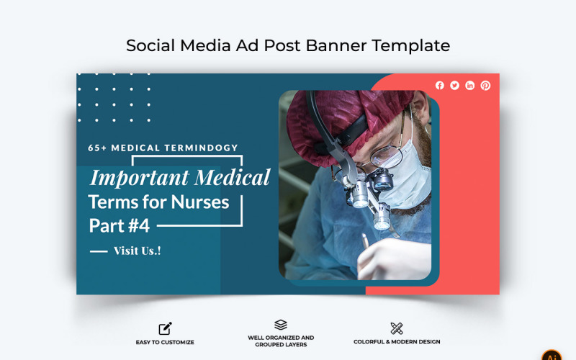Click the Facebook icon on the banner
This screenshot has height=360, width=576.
coord(440,86)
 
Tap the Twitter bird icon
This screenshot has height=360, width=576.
coord(455,86)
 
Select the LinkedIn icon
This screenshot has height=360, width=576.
coord(470,86)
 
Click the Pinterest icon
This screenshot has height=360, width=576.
coord(485,86)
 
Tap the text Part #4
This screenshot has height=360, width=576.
coord(120,225)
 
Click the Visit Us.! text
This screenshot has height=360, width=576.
coord(137,251)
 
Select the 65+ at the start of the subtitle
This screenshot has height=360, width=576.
coord(98,148)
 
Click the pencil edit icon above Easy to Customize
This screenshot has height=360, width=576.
coord(165,328)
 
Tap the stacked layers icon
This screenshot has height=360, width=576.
coord(281,325)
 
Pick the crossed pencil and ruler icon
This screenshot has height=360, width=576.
coord(397,328)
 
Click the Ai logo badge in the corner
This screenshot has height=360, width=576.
coord(552,354)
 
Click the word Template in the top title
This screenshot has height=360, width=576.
coord(410,45)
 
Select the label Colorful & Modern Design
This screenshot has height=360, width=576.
coord(397,342)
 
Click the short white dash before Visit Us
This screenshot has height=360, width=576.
coord(98,251)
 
